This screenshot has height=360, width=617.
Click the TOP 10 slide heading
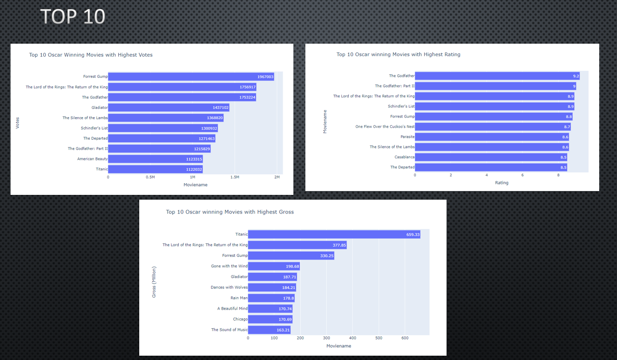pyautogui.click(x=73, y=16)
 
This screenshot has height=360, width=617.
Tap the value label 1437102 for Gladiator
pyautogui.click(x=220, y=108)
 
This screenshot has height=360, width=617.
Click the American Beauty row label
pyautogui.click(x=92, y=159)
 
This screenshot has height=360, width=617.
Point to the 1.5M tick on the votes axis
pyautogui.click(x=235, y=177)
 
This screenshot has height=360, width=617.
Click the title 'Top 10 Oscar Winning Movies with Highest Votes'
pyautogui.click(x=91, y=55)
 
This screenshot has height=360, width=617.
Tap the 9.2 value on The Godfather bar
pyautogui.click(x=576, y=76)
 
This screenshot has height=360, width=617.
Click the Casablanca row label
pyautogui.click(x=404, y=157)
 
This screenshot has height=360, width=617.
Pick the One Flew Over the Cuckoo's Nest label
pyautogui.click(x=385, y=127)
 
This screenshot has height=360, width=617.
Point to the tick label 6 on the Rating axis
pyautogui.click(x=522, y=175)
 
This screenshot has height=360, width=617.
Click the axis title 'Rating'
pyautogui.click(x=501, y=183)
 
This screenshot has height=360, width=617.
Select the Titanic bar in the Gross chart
pyautogui.click(x=334, y=235)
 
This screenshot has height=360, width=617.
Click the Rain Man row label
pyautogui.click(x=239, y=298)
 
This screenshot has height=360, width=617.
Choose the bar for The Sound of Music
pyautogui.click(x=269, y=330)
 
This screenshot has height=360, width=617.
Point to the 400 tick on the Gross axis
pyautogui.click(x=352, y=338)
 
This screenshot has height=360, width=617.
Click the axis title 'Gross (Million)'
pyautogui.click(x=154, y=282)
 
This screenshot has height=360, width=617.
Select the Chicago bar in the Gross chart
pyautogui.click(x=270, y=319)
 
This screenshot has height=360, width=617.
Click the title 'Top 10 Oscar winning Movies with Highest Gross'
pyautogui.click(x=230, y=212)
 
